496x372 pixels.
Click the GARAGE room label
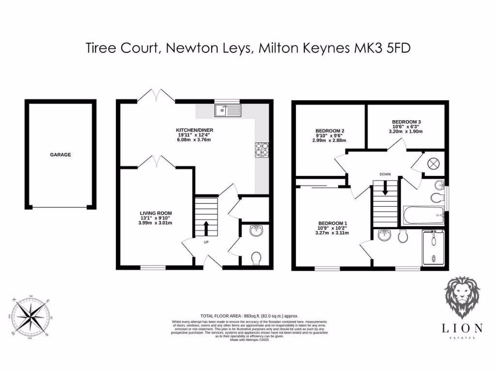(61, 155)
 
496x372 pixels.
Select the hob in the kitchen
(262, 150)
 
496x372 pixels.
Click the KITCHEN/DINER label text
(195, 130)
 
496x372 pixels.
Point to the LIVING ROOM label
(156, 213)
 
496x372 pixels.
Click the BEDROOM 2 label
(330, 131)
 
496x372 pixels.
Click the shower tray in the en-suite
(434, 248)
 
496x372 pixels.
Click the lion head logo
(463, 296)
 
